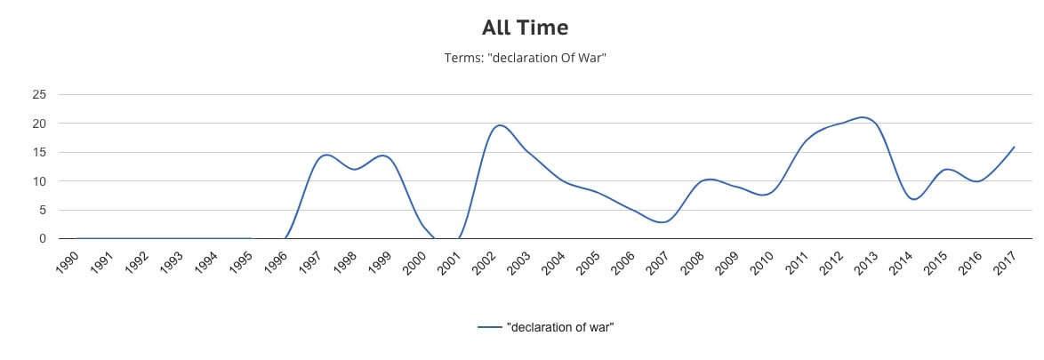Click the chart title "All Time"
525,28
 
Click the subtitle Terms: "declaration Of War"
525,58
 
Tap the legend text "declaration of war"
560,327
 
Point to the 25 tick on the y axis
40,94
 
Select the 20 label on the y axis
40,124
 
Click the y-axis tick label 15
40,152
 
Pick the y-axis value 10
40,181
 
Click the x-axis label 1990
68,263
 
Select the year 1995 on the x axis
240,263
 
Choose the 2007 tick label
657,263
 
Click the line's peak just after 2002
500,125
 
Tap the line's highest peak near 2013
861,117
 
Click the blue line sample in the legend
490,327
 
